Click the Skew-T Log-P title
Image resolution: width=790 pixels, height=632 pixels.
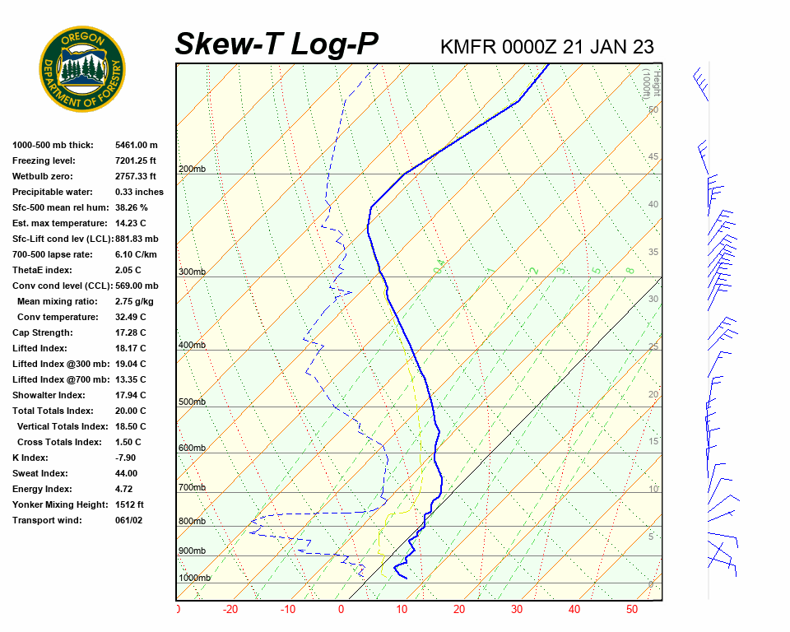pyautogui.click(x=276, y=44)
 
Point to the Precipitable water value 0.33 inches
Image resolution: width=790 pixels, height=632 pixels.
pyautogui.click(x=139, y=192)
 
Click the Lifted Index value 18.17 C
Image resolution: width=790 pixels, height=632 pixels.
pyautogui.click(x=130, y=348)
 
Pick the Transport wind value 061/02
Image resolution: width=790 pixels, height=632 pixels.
pyautogui.click(x=129, y=520)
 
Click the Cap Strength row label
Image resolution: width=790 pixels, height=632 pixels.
pyautogui.click(x=43, y=332)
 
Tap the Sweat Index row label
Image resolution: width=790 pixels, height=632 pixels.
pyautogui.click(x=40, y=473)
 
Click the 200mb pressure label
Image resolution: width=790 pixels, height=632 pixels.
pyautogui.click(x=191, y=170)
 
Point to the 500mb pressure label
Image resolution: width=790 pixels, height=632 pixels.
pyautogui.click(x=191, y=402)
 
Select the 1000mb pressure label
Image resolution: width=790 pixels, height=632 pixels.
pyautogui.click(x=194, y=579)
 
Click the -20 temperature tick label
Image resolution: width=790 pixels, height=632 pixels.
pyautogui.click(x=230, y=610)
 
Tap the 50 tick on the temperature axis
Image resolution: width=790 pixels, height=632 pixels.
pyautogui.click(x=632, y=610)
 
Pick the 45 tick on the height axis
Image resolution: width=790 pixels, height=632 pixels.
pyautogui.click(x=653, y=157)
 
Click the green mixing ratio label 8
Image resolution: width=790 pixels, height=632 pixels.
pyautogui.click(x=630, y=270)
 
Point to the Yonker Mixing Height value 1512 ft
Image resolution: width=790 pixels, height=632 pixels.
pyautogui.click(x=129, y=504)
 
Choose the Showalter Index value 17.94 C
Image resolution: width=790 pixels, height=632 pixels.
pyautogui.click(x=130, y=395)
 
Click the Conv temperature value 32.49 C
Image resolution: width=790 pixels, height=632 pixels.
pyautogui.click(x=130, y=317)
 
